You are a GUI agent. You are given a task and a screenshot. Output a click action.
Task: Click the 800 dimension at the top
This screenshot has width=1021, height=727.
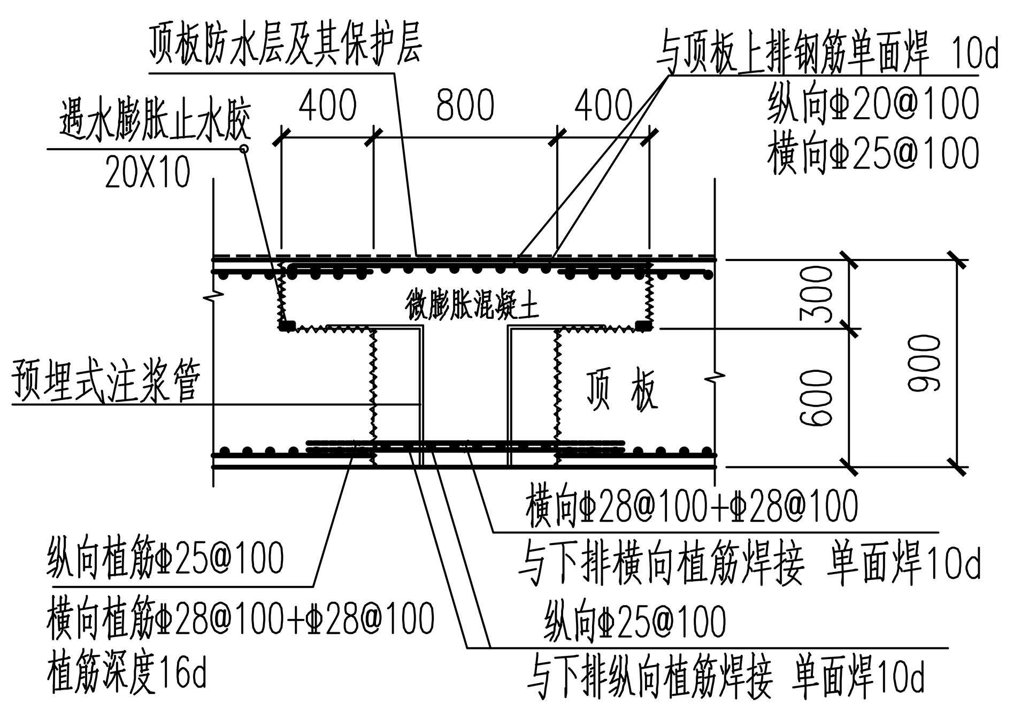(x=465, y=105)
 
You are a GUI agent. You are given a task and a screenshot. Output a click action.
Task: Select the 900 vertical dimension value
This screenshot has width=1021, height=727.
(x=924, y=363)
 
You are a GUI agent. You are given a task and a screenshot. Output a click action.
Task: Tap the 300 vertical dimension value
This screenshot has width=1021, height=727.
(x=817, y=294)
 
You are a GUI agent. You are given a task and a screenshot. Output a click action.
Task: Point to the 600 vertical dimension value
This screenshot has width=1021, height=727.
(x=817, y=399)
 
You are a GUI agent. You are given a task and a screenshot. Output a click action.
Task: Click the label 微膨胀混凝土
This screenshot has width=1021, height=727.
(x=471, y=305)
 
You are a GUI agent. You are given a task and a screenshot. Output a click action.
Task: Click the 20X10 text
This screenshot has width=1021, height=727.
(x=148, y=172)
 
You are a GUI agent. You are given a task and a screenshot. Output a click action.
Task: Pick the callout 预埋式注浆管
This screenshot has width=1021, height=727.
(x=106, y=380)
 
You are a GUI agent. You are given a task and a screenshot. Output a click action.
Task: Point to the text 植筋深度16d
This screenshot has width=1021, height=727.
(x=127, y=674)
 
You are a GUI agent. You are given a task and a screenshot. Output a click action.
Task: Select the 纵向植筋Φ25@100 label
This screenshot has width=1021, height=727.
(x=165, y=558)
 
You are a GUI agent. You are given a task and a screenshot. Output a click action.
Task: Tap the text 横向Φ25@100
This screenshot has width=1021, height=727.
(x=873, y=154)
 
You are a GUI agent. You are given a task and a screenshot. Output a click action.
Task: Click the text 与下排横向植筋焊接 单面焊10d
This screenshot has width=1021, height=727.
(x=749, y=563)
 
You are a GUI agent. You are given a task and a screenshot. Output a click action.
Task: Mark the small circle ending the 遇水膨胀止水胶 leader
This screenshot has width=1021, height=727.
(x=244, y=149)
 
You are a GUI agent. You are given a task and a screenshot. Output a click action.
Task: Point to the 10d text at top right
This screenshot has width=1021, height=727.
(x=974, y=53)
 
